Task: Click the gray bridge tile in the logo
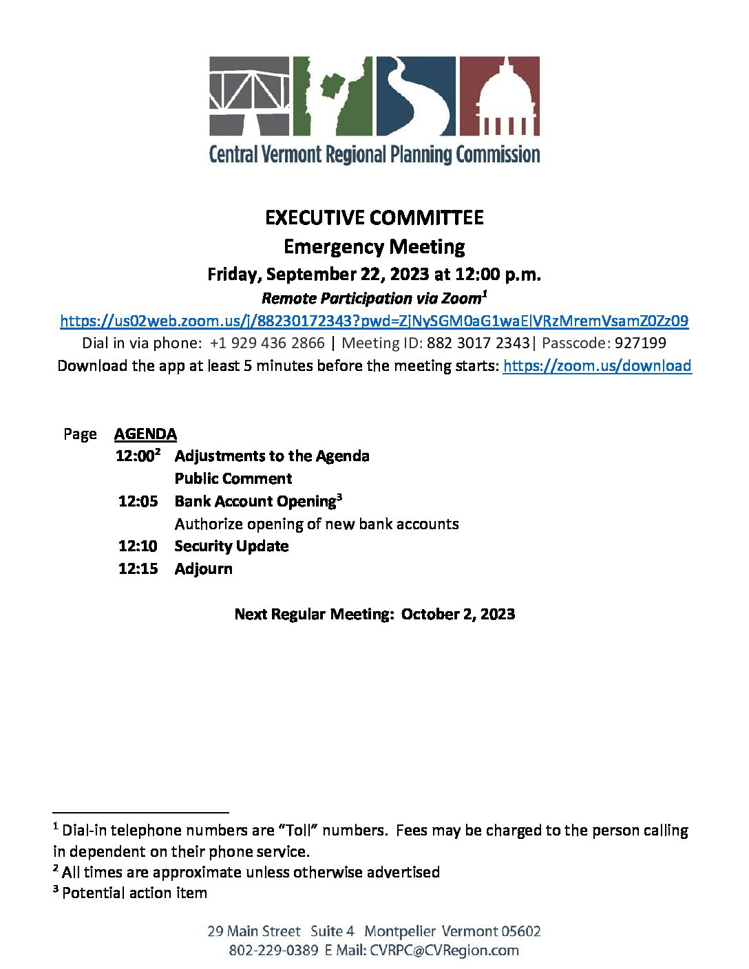250,96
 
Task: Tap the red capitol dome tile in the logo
499,96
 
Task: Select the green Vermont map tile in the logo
333,96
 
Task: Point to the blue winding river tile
415,96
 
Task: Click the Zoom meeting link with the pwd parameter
374,321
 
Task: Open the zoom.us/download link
597,365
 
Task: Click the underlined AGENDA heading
145,434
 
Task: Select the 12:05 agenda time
138,501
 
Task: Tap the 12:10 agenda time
138,546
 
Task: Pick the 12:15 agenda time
138,569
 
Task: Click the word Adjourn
203,569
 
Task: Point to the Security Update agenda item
231,546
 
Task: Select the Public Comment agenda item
233,478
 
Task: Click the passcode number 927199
640,343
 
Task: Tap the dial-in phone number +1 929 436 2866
267,343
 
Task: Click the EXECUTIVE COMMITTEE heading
374,218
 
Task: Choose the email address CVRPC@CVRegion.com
444,950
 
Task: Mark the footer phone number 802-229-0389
273,950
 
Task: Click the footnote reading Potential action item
134,893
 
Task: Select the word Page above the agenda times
80,434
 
